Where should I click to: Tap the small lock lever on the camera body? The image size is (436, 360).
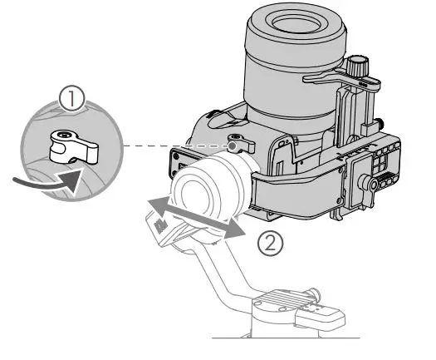coord(240,145)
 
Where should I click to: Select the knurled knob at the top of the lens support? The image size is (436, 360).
coord(359,64)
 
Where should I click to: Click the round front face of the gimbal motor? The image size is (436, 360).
coord(207,186)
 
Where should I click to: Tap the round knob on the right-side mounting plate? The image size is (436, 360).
coord(366,183)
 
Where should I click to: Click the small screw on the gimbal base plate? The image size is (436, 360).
coord(314,292)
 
